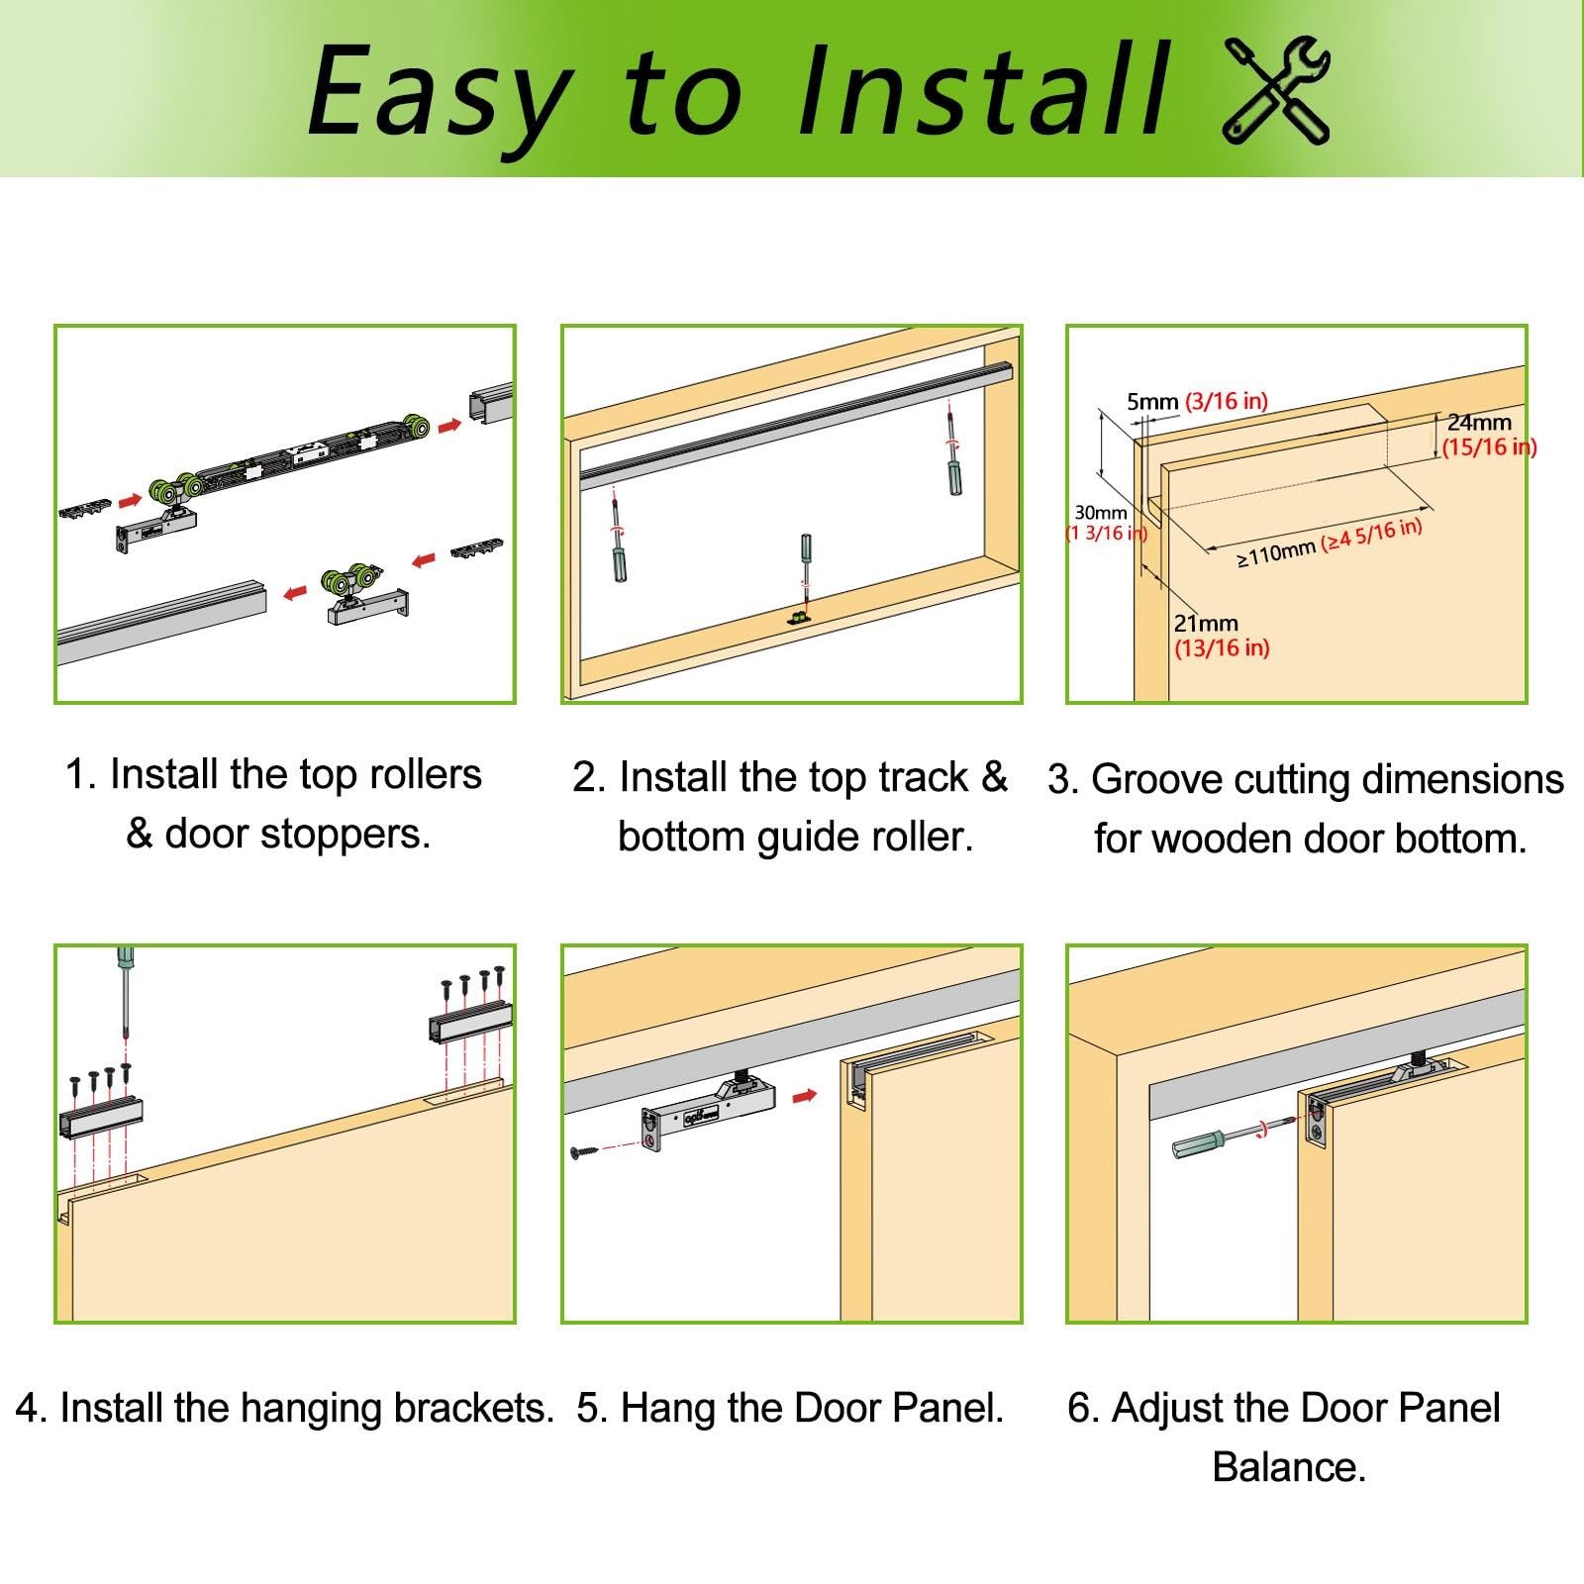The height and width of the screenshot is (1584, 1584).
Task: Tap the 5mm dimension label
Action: tap(1152, 402)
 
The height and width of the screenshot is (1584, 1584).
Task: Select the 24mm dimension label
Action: tap(1479, 423)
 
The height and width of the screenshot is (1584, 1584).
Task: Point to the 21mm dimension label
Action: tap(1206, 624)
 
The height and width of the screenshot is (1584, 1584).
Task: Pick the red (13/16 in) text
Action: tap(1222, 648)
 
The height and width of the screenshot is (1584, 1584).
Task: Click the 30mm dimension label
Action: tap(1101, 513)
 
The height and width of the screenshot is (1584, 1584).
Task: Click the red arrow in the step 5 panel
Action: tap(806, 1095)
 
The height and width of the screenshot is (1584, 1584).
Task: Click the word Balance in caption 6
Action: tap(1289, 1467)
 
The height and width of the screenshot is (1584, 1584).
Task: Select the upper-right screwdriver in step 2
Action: tap(953, 451)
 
